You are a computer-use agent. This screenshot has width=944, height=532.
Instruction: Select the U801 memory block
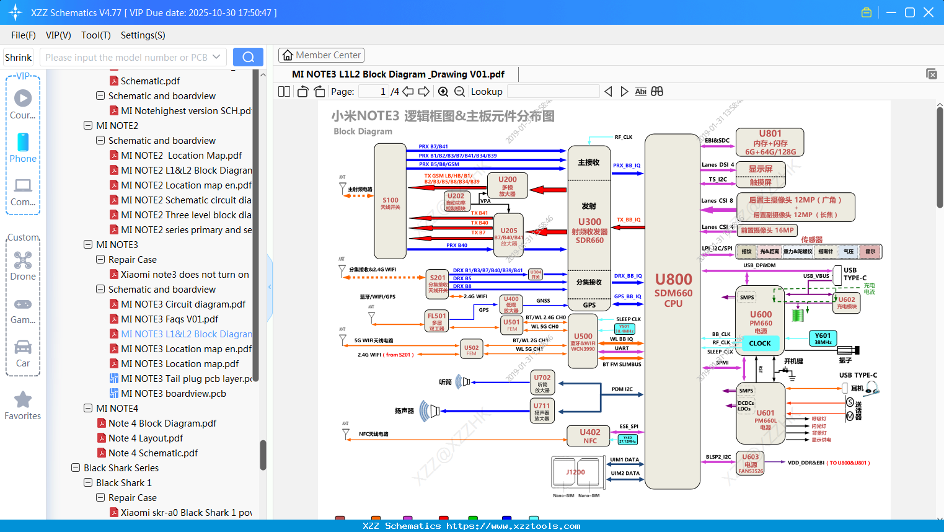point(770,143)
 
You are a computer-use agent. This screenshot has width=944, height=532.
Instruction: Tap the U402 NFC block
point(589,436)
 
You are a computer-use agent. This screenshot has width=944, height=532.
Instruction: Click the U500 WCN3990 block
point(583,342)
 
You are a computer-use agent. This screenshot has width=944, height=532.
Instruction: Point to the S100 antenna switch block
point(390,202)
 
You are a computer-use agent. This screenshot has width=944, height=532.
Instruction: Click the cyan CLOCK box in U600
point(759,343)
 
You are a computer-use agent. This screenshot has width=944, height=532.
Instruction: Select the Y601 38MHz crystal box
point(823,339)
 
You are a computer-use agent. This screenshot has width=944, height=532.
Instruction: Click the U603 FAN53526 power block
point(751,463)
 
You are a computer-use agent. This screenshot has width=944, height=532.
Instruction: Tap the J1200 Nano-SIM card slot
point(576,472)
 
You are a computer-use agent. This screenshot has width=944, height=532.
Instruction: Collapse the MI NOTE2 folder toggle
point(88,126)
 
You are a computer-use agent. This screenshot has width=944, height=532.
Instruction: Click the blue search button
point(248,57)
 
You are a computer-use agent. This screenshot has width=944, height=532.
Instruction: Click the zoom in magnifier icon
point(443,92)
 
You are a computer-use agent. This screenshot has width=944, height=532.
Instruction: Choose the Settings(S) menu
point(143,35)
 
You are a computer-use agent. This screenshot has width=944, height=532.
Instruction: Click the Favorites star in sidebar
point(23,401)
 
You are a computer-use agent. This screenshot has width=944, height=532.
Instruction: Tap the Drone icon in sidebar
point(23,260)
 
